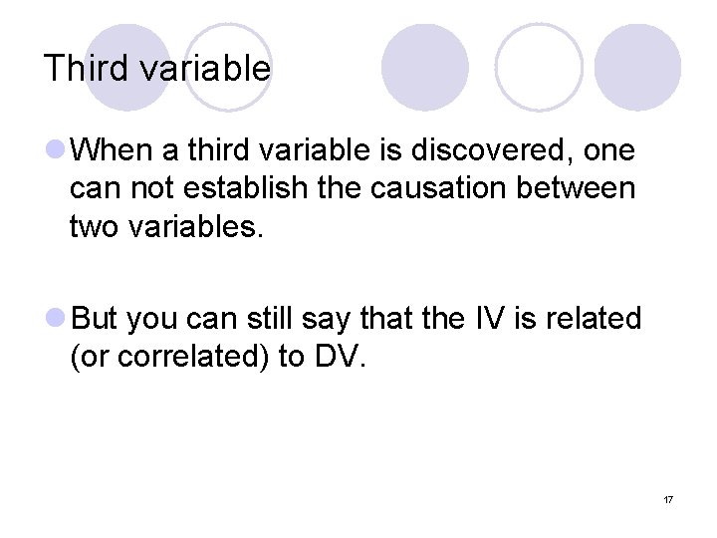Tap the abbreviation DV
coord(336,357)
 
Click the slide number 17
coord(667,498)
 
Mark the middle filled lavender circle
coord(425,67)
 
